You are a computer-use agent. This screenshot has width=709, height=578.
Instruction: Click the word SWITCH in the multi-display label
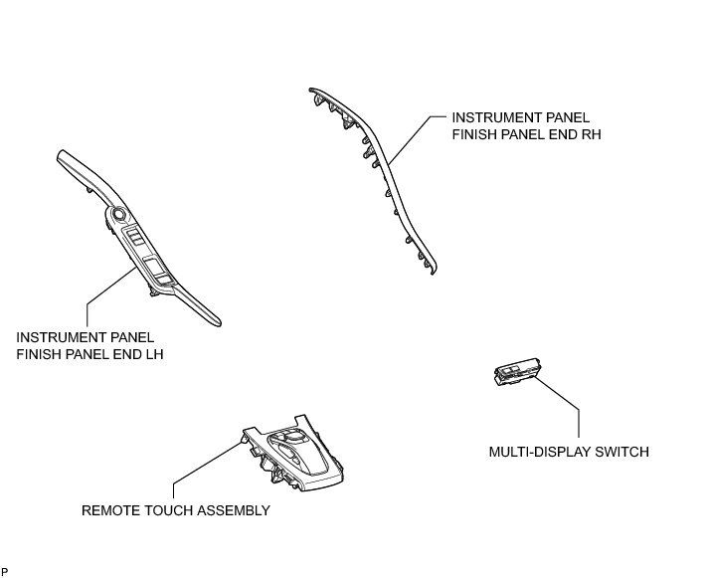[x=623, y=452]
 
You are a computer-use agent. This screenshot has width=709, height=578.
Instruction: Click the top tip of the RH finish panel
[x=311, y=91]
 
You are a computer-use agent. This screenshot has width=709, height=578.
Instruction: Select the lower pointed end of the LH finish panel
[x=218, y=323]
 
